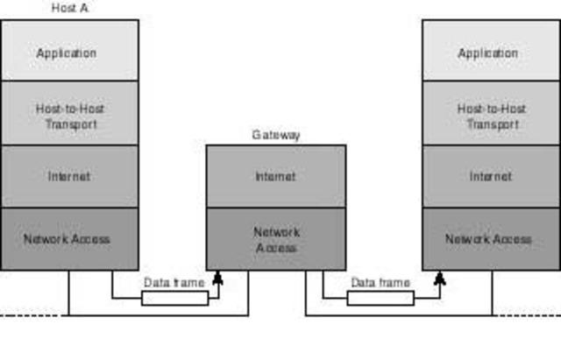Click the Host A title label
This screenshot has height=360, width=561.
click(x=69, y=8)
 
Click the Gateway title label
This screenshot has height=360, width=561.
click(x=276, y=135)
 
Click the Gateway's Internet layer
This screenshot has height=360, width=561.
click(x=276, y=176)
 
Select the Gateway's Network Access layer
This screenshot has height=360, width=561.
click(x=276, y=239)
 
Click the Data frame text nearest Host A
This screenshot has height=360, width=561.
click(x=174, y=283)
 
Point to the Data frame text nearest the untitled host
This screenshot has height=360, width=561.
click(x=380, y=283)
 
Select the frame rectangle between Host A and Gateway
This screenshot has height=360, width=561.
click(x=174, y=298)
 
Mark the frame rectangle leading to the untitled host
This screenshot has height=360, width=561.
click(x=380, y=298)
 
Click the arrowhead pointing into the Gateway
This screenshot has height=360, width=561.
click(x=218, y=279)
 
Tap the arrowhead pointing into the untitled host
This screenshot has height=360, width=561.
click(x=440, y=279)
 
